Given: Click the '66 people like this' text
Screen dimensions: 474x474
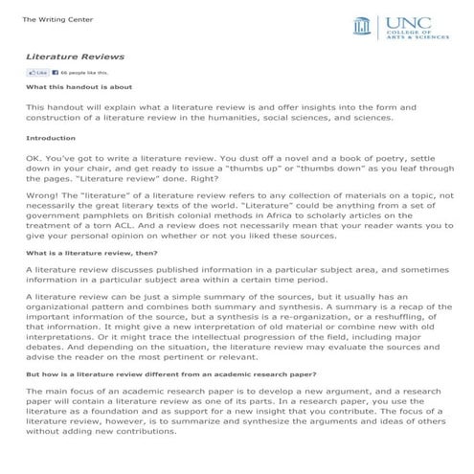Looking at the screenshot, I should point(86,73).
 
